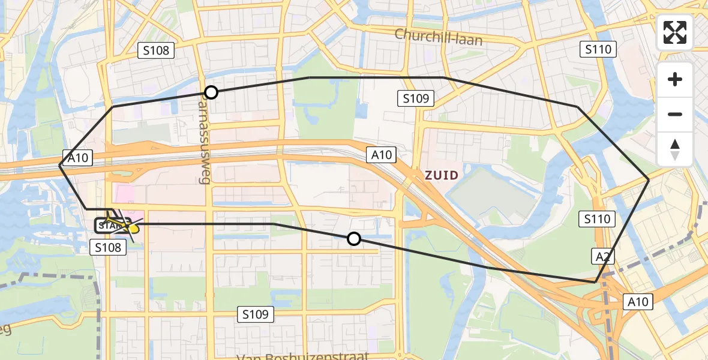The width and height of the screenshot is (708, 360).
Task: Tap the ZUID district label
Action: (x=442, y=176)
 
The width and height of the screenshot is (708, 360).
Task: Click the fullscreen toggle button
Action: (x=675, y=32)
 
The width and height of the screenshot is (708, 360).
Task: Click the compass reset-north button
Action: (x=675, y=149)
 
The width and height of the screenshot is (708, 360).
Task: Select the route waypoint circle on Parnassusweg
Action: (x=211, y=92)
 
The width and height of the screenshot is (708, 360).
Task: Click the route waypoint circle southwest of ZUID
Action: (x=354, y=239)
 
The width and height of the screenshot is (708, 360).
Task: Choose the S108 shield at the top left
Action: (x=156, y=50)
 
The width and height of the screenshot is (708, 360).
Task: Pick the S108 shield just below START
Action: (x=108, y=247)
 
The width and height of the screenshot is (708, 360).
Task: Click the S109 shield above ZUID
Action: (x=416, y=98)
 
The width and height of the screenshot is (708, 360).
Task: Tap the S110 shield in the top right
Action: (x=599, y=49)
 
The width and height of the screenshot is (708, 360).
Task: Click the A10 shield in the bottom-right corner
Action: (x=637, y=302)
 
